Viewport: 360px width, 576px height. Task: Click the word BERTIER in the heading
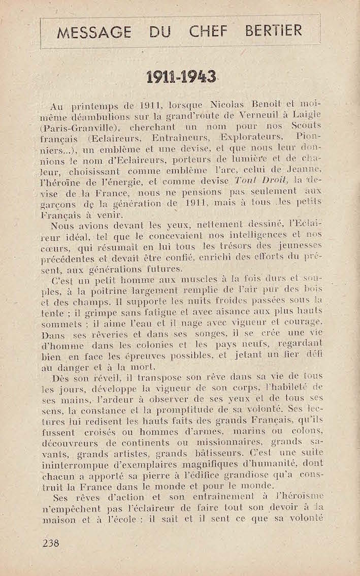[x=274, y=31]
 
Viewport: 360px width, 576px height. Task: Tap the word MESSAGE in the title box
[x=94, y=33]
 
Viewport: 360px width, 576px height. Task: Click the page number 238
[x=51, y=543]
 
